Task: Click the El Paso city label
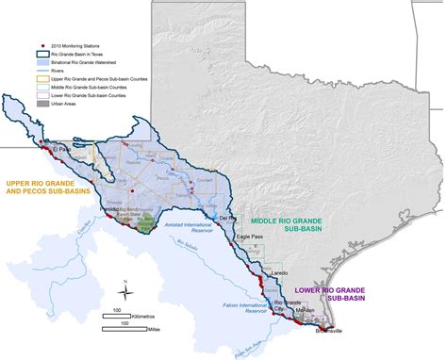click(x=63, y=149)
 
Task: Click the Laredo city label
click(x=279, y=271)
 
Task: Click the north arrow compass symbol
click(x=123, y=289)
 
